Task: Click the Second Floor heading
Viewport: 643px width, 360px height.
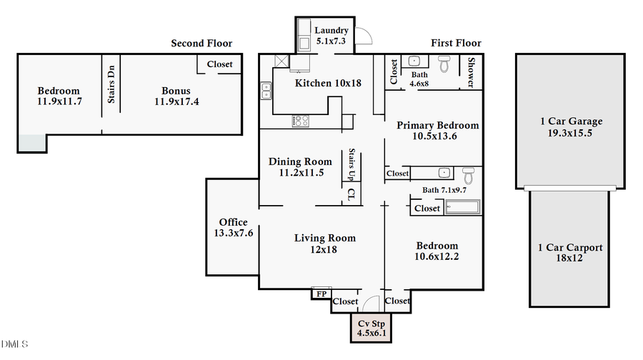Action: [x=201, y=44]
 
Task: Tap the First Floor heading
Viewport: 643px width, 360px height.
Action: [x=456, y=44]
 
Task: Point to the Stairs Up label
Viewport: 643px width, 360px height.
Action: [x=352, y=164]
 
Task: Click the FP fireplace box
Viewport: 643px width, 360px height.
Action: [x=321, y=294]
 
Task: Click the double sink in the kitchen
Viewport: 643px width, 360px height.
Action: [x=266, y=91]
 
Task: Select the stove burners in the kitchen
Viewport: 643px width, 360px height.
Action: [x=299, y=121]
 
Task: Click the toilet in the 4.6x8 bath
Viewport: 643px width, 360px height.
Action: [x=444, y=65]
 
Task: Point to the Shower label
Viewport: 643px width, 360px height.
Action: [x=471, y=73]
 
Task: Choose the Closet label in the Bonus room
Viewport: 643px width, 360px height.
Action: [x=219, y=64]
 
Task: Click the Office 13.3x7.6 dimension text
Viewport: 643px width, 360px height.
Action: [x=233, y=234]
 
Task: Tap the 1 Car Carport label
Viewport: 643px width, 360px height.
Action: [x=569, y=248]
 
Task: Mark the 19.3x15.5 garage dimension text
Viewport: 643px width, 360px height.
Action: [x=571, y=133]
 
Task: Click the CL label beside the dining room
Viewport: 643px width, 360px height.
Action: [x=351, y=194]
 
